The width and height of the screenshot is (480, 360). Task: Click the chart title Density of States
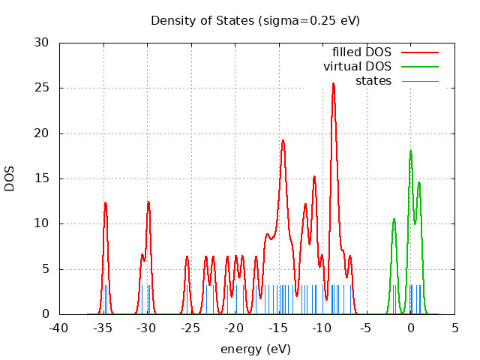tap(255, 20)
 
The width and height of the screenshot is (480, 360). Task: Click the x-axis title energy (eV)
tap(255, 349)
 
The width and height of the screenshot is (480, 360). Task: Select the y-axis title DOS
tap(10, 178)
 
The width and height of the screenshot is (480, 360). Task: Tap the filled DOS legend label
tap(362, 52)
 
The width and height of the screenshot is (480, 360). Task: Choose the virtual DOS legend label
tap(357, 67)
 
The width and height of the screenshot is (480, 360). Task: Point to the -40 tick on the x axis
tap(58, 328)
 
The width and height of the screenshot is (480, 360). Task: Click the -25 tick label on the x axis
tap(190, 328)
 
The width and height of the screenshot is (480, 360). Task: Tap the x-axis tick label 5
tap(454, 328)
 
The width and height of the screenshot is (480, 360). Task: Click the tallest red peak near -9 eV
tap(333, 84)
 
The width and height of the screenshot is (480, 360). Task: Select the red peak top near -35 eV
tap(106, 202)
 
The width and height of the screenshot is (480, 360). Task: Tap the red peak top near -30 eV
tap(148, 202)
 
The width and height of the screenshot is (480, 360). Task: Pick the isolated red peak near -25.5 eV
tap(187, 256)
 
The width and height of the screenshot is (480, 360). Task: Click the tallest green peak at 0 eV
tap(410, 151)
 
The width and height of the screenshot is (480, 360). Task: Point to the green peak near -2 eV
tap(394, 219)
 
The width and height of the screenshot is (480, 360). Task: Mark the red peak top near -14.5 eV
tap(283, 140)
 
